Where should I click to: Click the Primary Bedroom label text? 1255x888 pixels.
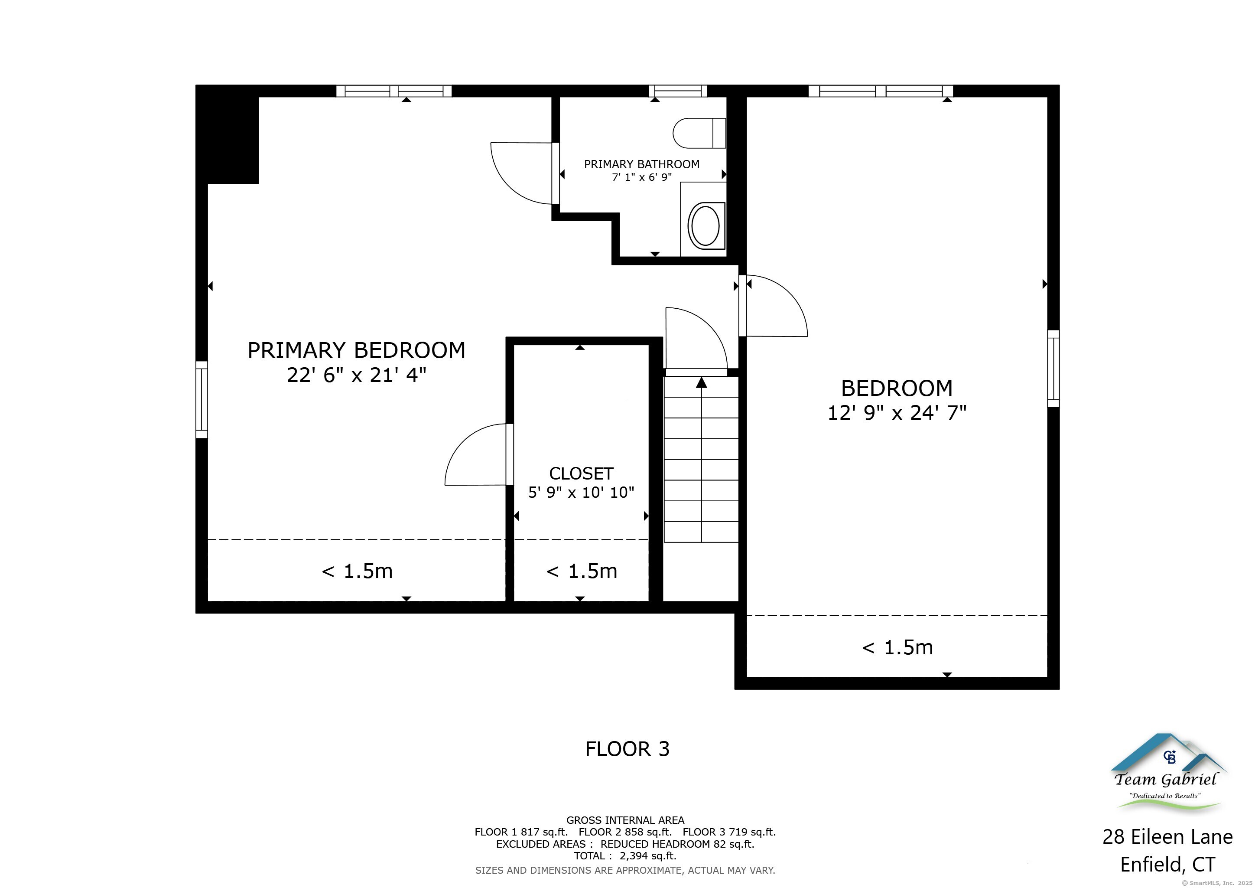356,350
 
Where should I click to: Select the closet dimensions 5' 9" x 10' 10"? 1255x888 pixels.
581,493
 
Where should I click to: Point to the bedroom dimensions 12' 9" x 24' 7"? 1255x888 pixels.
897,413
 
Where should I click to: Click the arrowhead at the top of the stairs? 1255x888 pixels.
701,383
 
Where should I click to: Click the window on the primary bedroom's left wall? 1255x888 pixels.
202,399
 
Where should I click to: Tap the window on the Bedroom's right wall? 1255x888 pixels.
1053,369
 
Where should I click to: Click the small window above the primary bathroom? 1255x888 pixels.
677,91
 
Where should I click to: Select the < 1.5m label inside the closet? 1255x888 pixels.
582,571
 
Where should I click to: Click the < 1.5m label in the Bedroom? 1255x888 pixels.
897,647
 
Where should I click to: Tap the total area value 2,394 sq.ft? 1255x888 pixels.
648,856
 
